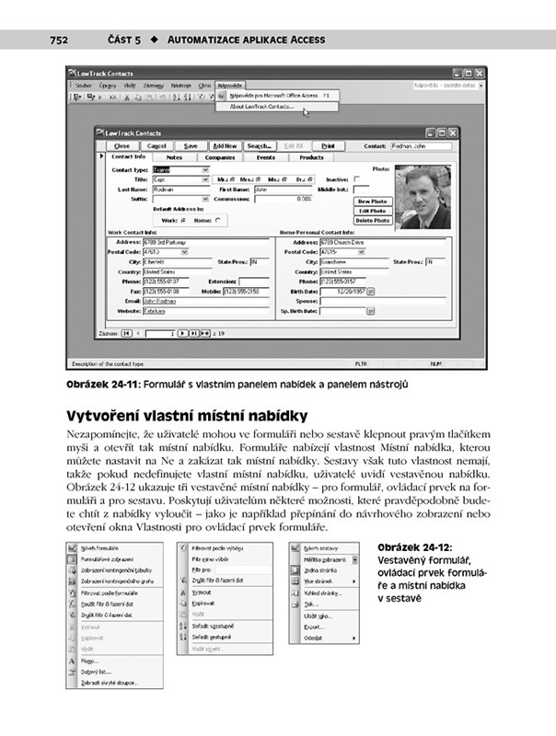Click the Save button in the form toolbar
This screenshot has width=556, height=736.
click(x=191, y=145)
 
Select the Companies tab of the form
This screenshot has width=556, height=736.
click(x=220, y=157)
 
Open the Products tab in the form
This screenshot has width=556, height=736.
click(x=311, y=157)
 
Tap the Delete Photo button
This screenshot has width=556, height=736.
click(x=373, y=221)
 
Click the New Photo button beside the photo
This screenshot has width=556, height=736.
click(x=373, y=201)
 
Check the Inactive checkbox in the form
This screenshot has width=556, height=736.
click(x=353, y=179)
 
